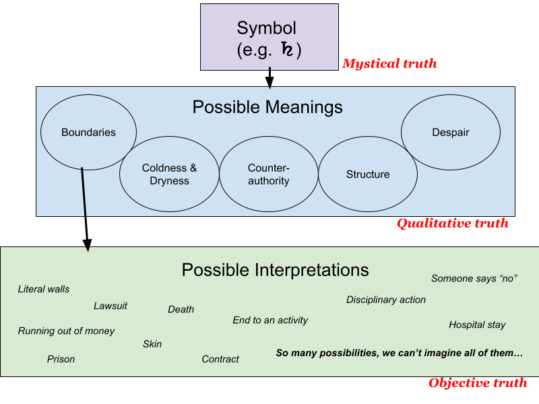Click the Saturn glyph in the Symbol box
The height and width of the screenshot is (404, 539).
[286, 50]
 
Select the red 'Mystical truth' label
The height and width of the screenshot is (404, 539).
[389, 64]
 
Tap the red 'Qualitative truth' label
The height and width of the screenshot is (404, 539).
[452, 224]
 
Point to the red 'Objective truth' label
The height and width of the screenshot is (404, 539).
[478, 383]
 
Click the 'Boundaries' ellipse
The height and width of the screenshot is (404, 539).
[88, 132]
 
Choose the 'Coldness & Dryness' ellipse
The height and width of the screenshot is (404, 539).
[169, 174]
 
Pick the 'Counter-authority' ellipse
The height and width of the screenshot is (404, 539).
[268, 174]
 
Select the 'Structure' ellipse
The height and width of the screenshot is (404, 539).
[367, 174]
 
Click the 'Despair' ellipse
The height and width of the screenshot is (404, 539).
[450, 132]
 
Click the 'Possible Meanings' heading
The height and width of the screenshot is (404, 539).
[267, 107]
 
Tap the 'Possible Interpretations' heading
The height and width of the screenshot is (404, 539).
[275, 270]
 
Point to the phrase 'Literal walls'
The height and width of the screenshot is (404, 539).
[44, 289]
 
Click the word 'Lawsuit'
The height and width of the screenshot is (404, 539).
[110, 306]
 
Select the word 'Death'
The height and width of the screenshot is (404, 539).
[181, 309]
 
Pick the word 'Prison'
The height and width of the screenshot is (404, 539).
[61, 359]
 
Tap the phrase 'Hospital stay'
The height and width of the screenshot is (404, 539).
[477, 325]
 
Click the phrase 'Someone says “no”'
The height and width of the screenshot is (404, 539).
[474, 278]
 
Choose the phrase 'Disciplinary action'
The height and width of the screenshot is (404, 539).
[386, 300]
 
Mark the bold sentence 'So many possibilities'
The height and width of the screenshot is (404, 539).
[399, 353]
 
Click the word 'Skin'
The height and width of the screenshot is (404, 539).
[152, 343]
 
